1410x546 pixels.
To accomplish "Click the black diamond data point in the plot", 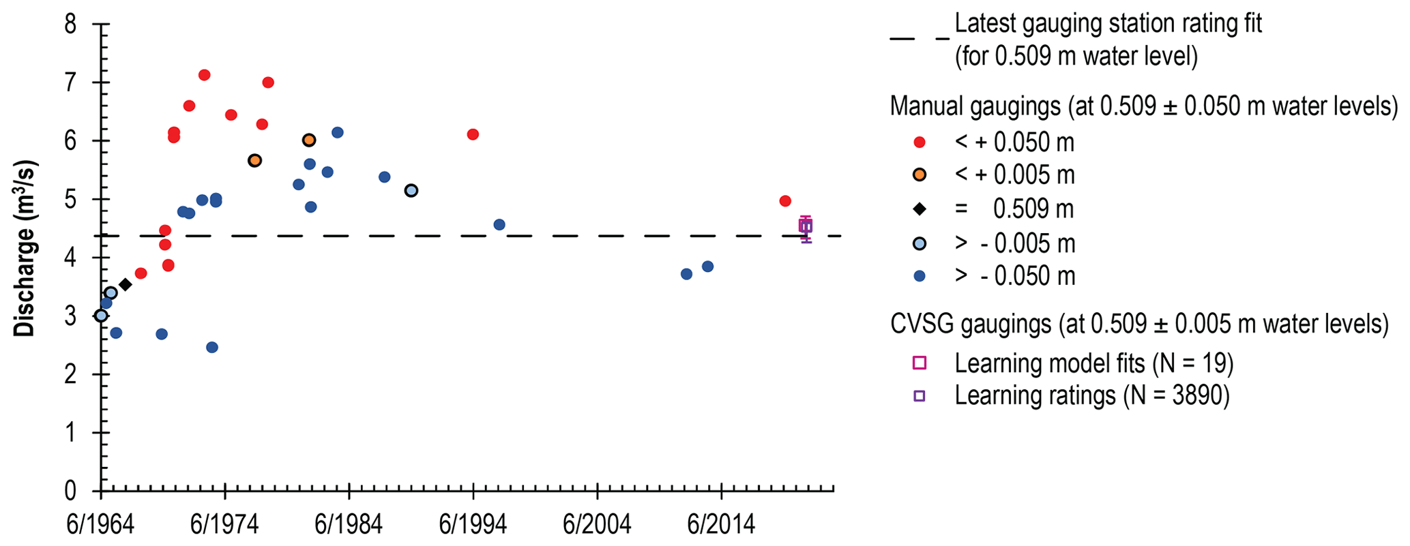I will click(x=125, y=284).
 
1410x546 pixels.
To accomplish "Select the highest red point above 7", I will click(x=204, y=75).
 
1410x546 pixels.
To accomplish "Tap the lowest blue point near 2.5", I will click(x=212, y=347).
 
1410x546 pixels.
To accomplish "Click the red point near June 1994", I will click(x=473, y=134).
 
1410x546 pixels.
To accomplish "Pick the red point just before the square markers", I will click(x=784, y=201).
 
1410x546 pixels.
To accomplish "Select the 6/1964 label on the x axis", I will click(x=100, y=526).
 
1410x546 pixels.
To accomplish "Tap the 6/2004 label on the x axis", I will click(x=597, y=526).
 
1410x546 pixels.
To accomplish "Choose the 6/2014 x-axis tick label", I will click(x=721, y=526).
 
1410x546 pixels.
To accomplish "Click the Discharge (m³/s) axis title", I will click(x=25, y=249).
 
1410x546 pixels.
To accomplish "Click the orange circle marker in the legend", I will click(x=920, y=175).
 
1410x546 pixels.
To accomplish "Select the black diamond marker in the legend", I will click(x=920, y=209).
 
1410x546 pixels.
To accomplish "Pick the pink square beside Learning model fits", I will click(x=920, y=363).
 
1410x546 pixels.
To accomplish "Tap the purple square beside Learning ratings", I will click(x=920, y=396).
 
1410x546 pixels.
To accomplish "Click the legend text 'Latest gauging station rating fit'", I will click(x=1108, y=24).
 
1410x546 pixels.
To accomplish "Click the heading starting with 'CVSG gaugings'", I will click(x=1139, y=324).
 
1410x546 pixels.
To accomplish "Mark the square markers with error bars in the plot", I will click(x=806, y=226).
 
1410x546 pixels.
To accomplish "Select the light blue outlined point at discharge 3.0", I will click(x=101, y=316).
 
